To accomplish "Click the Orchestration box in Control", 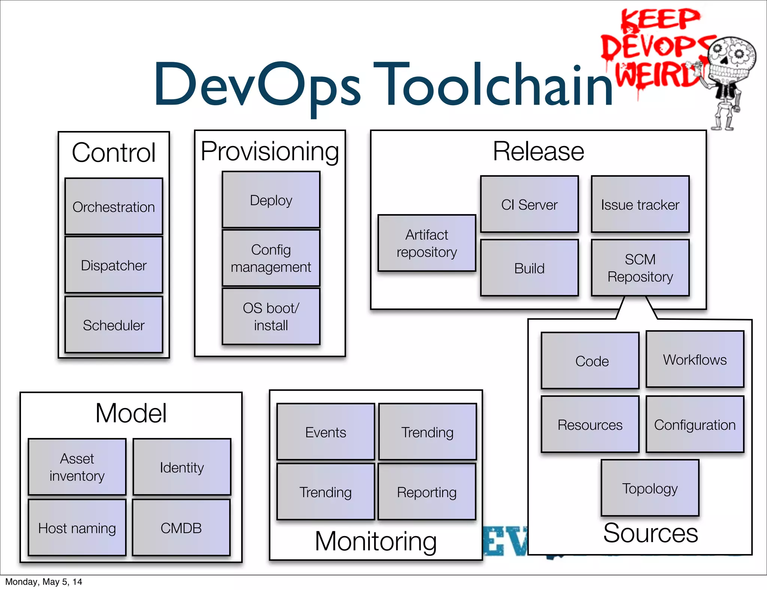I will click(x=114, y=207).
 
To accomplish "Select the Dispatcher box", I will click(x=114, y=265).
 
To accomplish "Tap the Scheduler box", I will click(x=114, y=325).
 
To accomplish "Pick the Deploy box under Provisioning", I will click(x=271, y=200).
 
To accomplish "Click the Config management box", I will click(x=271, y=258).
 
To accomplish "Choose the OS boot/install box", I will click(x=271, y=316).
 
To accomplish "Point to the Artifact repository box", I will click(x=427, y=243).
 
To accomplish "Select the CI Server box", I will click(x=529, y=204).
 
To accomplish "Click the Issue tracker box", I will click(x=640, y=204).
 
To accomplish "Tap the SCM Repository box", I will click(x=640, y=268).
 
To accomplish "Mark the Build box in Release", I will click(x=529, y=268).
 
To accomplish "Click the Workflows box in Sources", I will click(x=695, y=359).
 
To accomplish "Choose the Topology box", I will click(x=650, y=488).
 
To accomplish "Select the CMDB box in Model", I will click(x=181, y=528).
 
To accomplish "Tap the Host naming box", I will click(x=77, y=528).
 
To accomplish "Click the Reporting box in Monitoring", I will click(x=427, y=492).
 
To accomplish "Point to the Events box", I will click(x=325, y=432).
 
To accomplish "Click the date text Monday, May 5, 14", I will click(x=43, y=582).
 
